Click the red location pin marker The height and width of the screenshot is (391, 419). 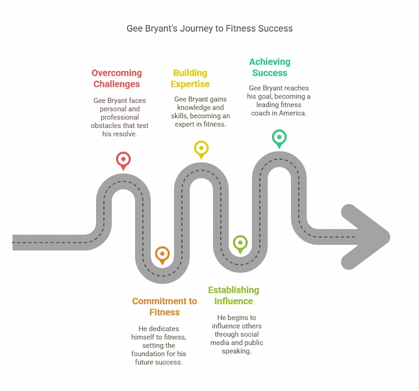123,159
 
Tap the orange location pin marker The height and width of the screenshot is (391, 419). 162,254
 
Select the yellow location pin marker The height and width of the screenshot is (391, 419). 201,148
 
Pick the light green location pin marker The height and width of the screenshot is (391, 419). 240,243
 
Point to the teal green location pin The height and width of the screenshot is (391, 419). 279,138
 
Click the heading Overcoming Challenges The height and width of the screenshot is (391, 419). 116,79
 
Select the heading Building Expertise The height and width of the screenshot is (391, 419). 190,79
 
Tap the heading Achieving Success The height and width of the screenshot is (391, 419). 269,67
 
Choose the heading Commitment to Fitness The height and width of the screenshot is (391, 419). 165,307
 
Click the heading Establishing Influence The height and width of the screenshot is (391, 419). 233,296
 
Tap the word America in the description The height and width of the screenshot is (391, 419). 292,113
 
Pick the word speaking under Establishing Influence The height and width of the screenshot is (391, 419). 236,351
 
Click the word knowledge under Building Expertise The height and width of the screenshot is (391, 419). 193,108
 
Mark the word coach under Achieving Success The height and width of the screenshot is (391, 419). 261,113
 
